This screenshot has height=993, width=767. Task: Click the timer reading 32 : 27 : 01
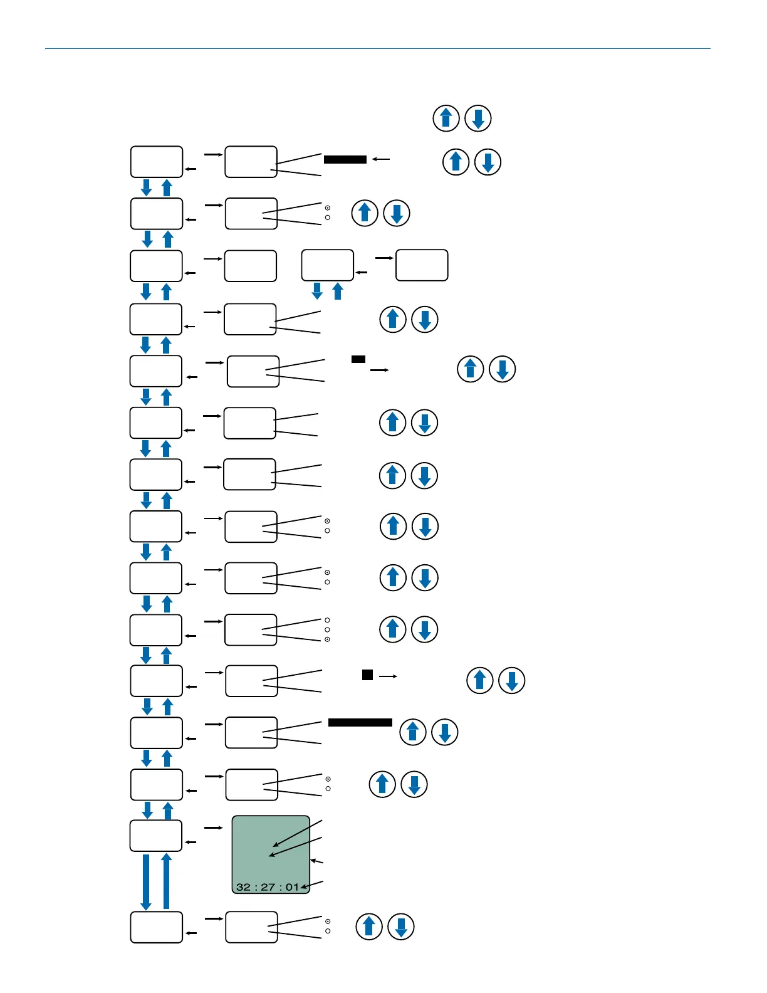click(268, 887)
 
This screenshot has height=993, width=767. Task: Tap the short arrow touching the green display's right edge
click(316, 861)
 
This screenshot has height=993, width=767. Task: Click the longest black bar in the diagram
click(360, 723)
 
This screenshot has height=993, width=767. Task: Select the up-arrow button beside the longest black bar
click(413, 732)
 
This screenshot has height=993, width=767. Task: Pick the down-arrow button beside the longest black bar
click(445, 732)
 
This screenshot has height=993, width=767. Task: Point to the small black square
click(368, 675)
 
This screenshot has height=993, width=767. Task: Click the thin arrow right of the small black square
click(388, 676)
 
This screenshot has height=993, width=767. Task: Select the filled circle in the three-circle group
click(327, 639)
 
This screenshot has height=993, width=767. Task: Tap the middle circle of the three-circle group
click(327, 629)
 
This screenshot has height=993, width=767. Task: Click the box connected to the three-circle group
click(251, 629)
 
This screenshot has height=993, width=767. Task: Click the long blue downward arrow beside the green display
click(146, 881)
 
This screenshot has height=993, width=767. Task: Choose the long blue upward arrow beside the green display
click(166, 881)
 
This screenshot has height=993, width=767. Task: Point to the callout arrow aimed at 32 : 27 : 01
click(312, 885)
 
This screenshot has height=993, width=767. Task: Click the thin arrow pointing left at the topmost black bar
click(381, 159)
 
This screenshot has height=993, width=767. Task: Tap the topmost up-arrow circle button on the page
click(446, 118)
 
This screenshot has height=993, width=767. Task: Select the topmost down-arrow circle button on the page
click(478, 118)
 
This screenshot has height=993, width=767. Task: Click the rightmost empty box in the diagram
click(422, 265)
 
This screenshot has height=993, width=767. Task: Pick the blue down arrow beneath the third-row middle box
click(317, 290)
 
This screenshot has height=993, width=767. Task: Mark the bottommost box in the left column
click(156, 927)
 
